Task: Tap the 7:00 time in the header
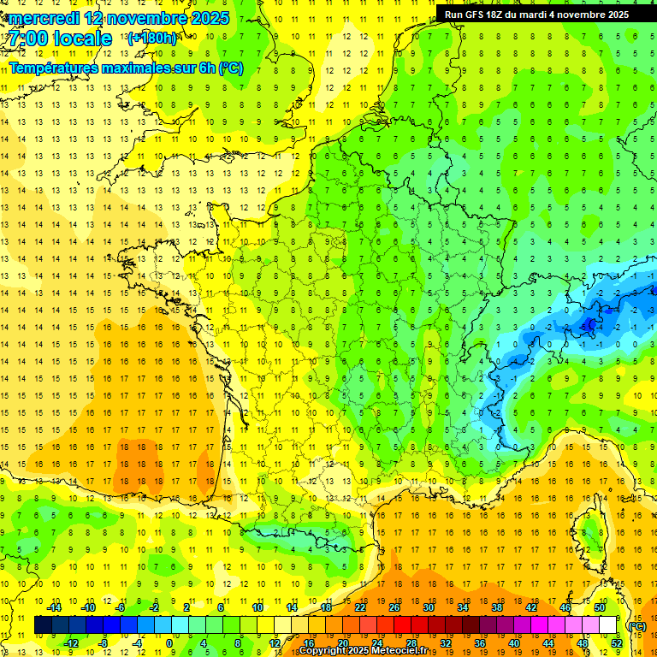pyautogui.click(x=28, y=39)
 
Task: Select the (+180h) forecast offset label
pyautogui.click(x=151, y=38)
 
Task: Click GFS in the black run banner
pyautogui.click(x=476, y=15)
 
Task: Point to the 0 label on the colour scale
pyautogui.click(x=169, y=643)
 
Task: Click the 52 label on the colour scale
pyautogui.click(x=617, y=643)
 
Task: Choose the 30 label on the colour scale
pyautogui.click(x=428, y=607)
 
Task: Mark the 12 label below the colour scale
pyautogui.click(x=274, y=643)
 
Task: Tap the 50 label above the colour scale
pyautogui.click(x=599, y=607)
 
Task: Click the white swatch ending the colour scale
pyautogui.click(x=608, y=625)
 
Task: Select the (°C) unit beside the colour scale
pyautogui.click(x=636, y=625)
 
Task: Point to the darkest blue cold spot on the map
pyautogui.click(x=589, y=324)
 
